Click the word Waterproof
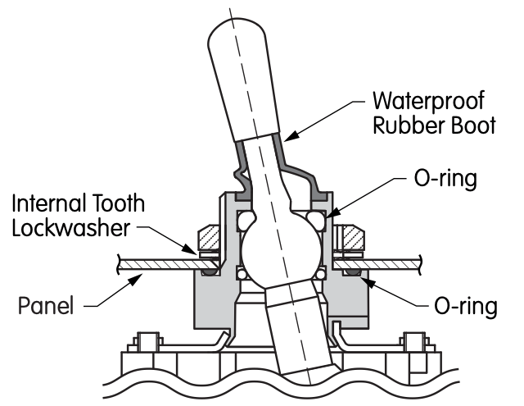428,101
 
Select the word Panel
46,305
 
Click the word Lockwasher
71,228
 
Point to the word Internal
45,203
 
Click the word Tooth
115,203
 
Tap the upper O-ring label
445,179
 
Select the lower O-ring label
466,306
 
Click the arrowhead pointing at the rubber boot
290,135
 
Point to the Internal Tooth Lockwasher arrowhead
189,249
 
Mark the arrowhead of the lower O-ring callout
367,282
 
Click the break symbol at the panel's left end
118,264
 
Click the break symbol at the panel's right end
420,265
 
